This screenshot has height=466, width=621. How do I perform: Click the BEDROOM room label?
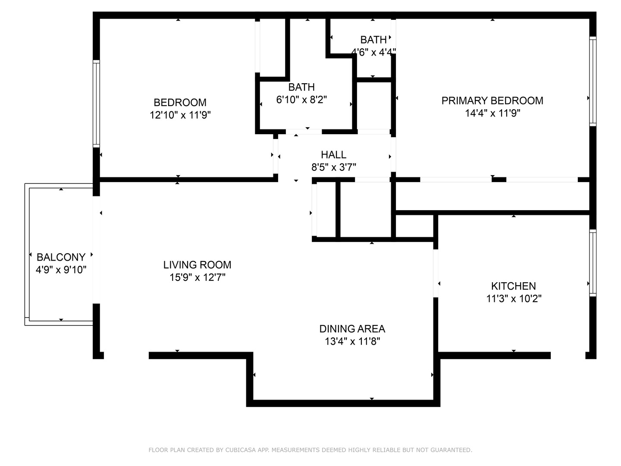tap(180, 102)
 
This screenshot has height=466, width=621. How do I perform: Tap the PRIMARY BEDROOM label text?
tap(492, 101)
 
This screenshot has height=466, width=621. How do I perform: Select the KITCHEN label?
tap(513, 286)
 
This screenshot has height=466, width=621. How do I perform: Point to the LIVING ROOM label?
tap(197, 264)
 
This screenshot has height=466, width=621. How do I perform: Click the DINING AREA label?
tap(352, 328)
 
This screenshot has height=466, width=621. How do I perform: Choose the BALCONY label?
tap(61, 257)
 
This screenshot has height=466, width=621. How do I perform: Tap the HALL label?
tap(333, 154)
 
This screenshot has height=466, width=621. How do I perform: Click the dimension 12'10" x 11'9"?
tap(180, 115)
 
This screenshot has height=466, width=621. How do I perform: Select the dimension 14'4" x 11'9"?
tap(492, 113)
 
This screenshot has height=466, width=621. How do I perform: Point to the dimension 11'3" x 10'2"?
tap(514, 299)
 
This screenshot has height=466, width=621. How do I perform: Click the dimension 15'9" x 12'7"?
tap(197, 277)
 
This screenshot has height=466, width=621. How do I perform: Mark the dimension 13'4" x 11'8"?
tap(352, 342)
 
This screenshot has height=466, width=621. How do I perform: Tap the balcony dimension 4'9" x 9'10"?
tap(61, 270)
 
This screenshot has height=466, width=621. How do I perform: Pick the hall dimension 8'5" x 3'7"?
tap(333, 167)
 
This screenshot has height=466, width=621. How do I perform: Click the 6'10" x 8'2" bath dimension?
tap(301, 100)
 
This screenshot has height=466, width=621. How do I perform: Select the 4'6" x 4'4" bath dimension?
tap(373, 52)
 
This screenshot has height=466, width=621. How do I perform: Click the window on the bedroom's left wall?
tap(96, 104)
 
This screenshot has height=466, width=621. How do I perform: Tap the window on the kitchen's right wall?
tap(593, 263)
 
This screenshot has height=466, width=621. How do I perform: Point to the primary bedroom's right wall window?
tap(593, 81)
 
